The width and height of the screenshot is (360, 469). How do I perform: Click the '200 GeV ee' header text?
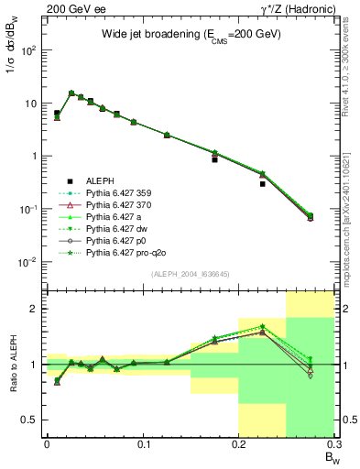click(69, 8)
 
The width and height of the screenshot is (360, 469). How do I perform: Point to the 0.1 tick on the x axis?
click(142, 446)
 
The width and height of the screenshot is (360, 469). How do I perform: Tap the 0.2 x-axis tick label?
click(238, 446)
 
